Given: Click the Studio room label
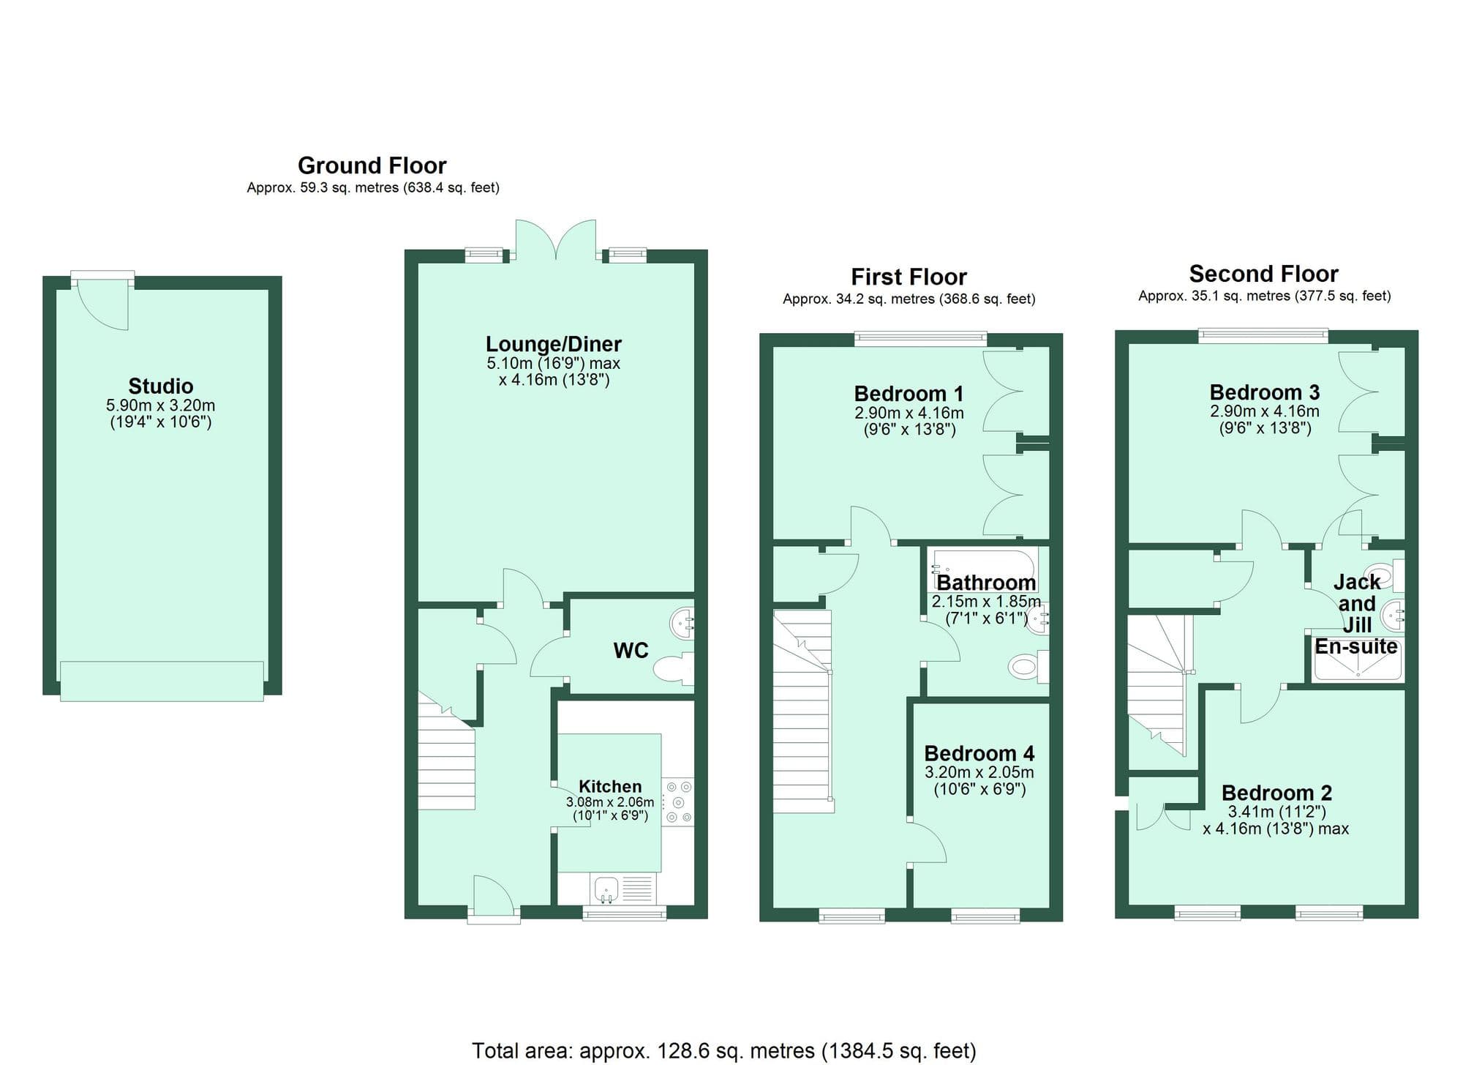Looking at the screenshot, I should click(161, 386).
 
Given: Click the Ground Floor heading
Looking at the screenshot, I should click(372, 165).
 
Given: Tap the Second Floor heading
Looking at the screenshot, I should click(1263, 274).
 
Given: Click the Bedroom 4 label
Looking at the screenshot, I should click(979, 753).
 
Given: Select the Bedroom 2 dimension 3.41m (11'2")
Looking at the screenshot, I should click(1276, 812).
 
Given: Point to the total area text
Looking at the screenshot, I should click(723, 1051).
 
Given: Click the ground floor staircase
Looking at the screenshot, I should click(446, 761).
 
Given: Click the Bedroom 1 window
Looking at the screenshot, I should click(920, 338).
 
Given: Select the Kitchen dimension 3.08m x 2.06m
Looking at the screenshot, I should click(610, 802).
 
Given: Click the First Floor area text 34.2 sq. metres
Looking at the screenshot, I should click(909, 299).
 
